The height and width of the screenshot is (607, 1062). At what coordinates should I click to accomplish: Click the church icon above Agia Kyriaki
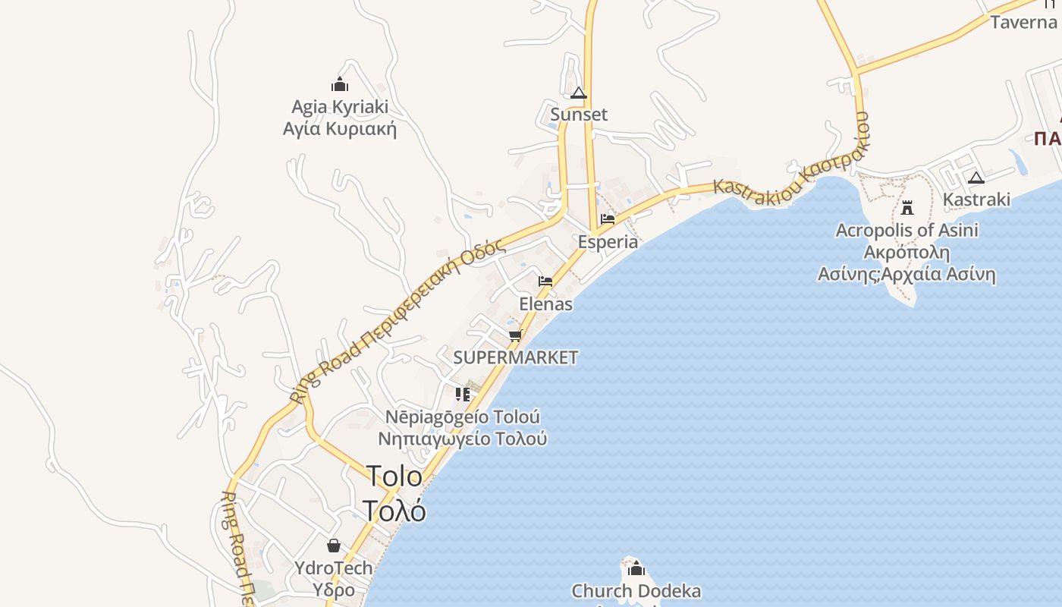coord(339,84)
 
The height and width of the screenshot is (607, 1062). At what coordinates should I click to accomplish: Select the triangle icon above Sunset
coord(579,93)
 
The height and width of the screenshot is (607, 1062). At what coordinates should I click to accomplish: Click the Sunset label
coord(579,115)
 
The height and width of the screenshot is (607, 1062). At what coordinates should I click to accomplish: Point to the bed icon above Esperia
coord(608,219)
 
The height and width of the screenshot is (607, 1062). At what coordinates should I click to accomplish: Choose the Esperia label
coord(608,242)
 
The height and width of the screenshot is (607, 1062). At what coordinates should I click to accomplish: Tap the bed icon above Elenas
coord(545,281)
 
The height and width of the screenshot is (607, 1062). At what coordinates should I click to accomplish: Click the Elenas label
coord(545,304)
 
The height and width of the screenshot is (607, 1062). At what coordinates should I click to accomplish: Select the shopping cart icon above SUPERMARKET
coord(516,335)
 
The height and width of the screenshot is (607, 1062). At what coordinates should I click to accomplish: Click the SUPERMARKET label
coord(516,357)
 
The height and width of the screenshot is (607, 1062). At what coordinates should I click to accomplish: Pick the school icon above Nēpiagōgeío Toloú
coord(462,395)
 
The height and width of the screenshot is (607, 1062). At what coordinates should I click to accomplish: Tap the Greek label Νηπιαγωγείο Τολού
coord(463,439)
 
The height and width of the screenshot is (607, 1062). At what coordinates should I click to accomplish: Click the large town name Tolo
coord(394,476)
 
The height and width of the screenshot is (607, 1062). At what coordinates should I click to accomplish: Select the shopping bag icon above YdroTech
coord(334,546)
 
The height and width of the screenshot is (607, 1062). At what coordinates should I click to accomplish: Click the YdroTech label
coord(334,568)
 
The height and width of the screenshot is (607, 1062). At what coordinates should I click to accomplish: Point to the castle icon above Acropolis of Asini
coord(906,207)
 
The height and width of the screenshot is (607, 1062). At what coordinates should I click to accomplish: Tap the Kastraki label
coord(976,200)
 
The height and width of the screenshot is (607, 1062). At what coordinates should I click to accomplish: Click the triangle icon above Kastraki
coord(976,178)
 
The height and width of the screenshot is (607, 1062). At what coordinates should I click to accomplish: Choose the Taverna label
coord(1023,22)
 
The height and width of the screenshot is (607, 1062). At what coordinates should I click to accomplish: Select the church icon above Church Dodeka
coord(636,568)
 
